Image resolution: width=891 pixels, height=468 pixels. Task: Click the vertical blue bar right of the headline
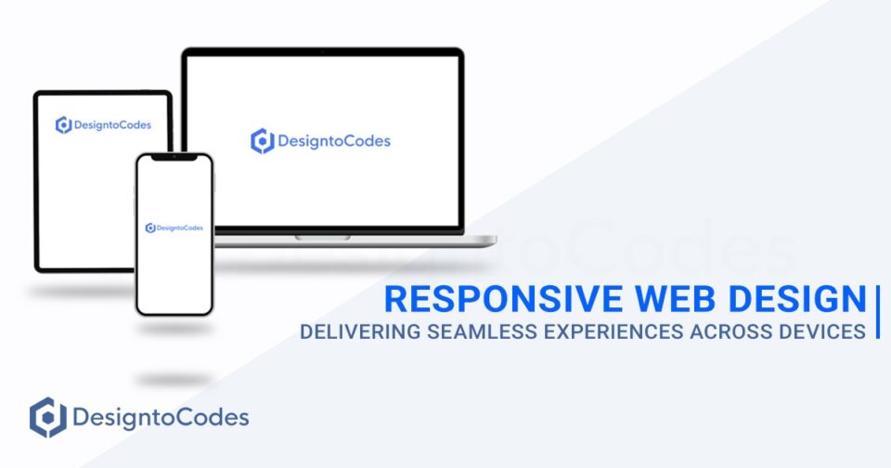click(x=877, y=313)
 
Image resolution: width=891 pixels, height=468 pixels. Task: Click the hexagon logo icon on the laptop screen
click(x=262, y=141)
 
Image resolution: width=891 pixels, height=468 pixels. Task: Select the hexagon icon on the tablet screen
click(x=63, y=125)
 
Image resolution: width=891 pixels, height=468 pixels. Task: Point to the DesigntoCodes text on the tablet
click(x=111, y=125)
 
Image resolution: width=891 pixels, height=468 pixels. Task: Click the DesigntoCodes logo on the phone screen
click(x=174, y=227)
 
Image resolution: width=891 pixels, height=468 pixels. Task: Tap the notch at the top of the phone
click(x=174, y=158)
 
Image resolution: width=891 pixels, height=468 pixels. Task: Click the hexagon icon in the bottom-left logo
click(x=46, y=417)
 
